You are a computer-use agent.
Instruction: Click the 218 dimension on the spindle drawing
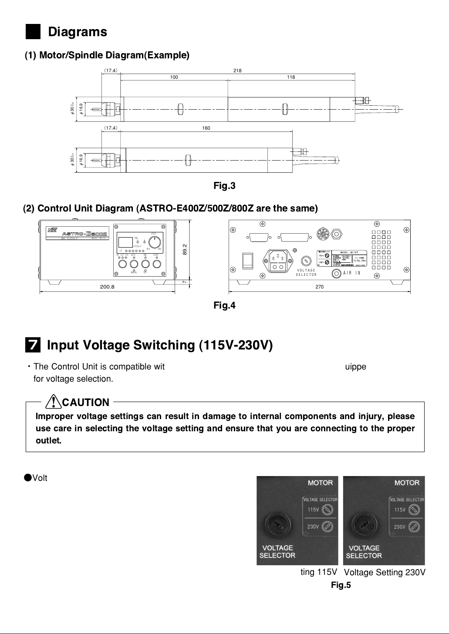[237, 70]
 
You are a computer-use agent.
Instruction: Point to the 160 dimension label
[206, 128]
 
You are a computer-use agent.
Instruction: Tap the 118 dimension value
[291, 77]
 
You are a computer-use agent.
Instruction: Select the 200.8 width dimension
[107, 287]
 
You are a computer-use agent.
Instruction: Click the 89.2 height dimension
[185, 249]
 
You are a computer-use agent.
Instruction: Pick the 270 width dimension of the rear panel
[320, 287]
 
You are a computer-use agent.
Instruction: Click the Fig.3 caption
[224, 186]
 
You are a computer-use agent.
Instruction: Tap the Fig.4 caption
[224, 305]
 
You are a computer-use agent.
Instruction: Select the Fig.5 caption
[341, 585]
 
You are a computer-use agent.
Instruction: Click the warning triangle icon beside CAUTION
[53, 401]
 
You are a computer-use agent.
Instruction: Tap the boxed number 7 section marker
[33, 345]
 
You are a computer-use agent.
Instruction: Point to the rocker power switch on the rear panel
[247, 260]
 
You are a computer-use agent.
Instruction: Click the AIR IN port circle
[336, 273]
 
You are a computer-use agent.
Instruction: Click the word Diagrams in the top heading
[78, 32]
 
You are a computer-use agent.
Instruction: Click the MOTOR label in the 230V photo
[407, 483]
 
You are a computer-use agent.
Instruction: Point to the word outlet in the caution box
[48, 440]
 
